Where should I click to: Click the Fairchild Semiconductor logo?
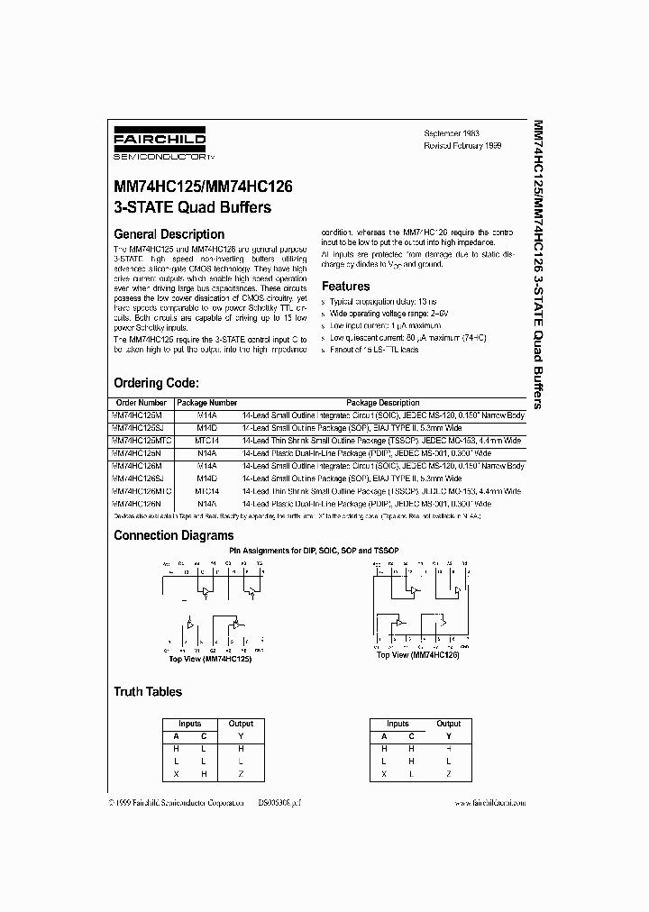[x=160, y=143]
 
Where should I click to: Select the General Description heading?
[x=169, y=234]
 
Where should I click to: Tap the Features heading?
[x=346, y=287]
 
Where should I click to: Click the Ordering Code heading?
[x=162, y=382]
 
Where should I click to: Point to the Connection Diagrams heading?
[x=173, y=535]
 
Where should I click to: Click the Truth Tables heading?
[x=147, y=691]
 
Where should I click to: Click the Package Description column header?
[x=382, y=403]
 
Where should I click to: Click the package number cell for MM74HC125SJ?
[x=206, y=428]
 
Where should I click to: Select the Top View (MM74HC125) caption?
[x=210, y=659]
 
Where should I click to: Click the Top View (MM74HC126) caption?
[x=418, y=654]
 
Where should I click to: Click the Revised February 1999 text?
[x=462, y=144]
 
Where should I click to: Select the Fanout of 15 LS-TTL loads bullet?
[x=374, y=350]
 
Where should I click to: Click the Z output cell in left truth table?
[x=241, y=774]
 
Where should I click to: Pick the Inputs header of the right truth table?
[x=398, y=724]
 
